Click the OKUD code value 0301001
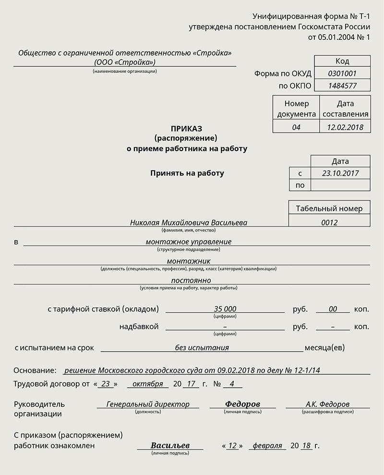click(x=342, y=73)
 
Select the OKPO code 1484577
click(x=342, y=86)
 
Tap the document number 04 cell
click(x=296, y=127)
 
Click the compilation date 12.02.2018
click(x=345, y=127)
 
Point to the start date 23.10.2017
click(x=340, y=173)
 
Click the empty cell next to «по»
click(x=340, y=185)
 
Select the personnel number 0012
click(x=329, y=222)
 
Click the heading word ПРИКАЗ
click(x=187, y=129)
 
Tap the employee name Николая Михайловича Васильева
click(x=189, y=223)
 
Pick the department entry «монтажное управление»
click(x=188, y=242)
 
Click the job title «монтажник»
click(x=188, y=261)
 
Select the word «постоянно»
click(x=191, y=280)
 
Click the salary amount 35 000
click(x=225, y=309)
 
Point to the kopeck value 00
click(x=333, y=309)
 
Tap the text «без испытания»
click(x=202, y=347)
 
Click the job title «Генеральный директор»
click(x=148, y=404)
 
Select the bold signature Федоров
click(x=242, y=404)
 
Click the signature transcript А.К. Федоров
click(x=328, y=404)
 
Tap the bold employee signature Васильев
click(x=170, y=446)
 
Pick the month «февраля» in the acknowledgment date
click(x=267, y=446)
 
